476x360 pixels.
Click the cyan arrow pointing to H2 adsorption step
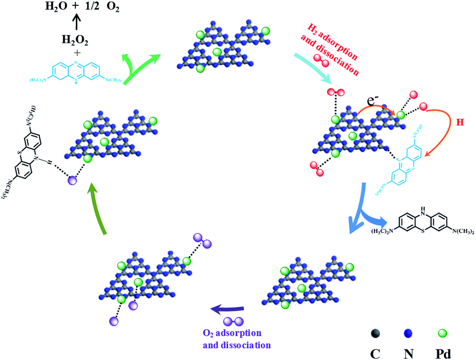point(311,64)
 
